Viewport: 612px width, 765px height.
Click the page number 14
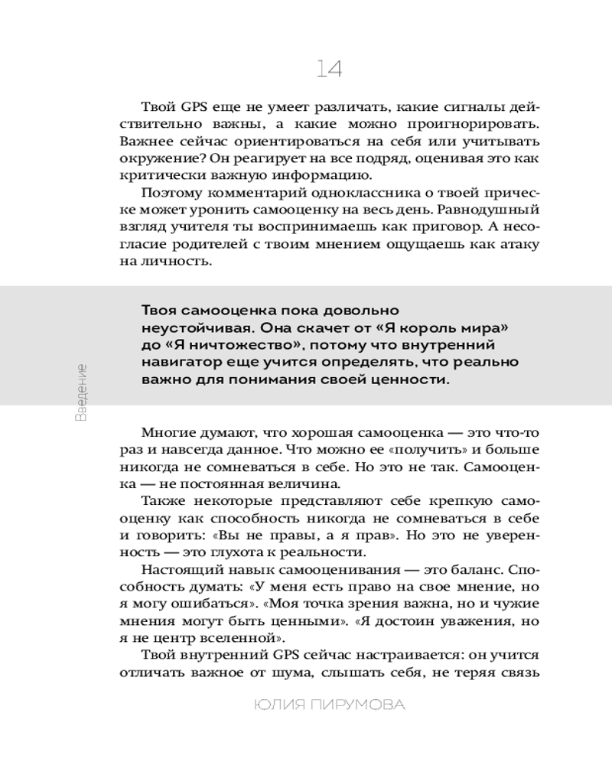pyautogui.click(x=329, y=69)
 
